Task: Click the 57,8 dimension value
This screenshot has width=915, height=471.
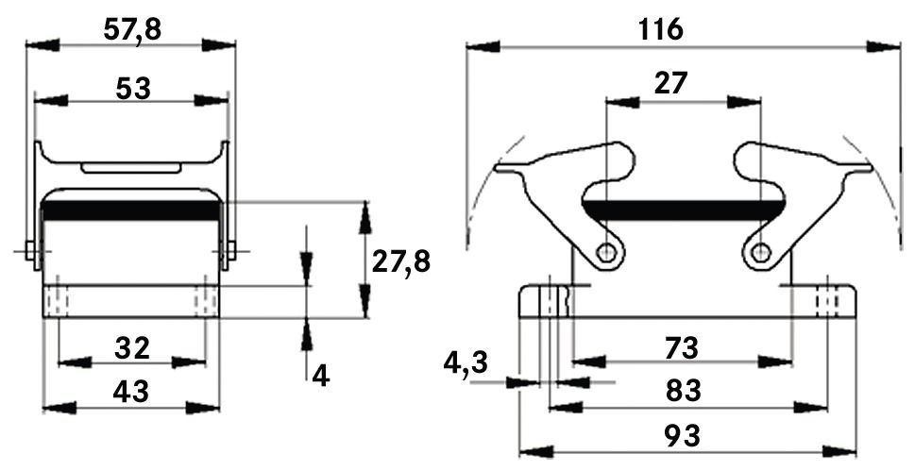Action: click(x=132, y=29)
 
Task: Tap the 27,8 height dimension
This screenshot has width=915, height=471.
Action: click(x=400, y=261)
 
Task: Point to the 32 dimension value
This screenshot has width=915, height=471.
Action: click(x=132, y=349)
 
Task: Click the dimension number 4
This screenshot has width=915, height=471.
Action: click(x=320, y=376)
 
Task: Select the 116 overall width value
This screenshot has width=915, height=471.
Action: click(x=659, y=29)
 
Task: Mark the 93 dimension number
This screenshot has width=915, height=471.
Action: click(x=682, y=435)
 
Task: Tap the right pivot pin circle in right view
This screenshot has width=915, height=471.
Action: click(x=761, y=252)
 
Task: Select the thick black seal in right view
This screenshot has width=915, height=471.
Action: click(x=684, y=208)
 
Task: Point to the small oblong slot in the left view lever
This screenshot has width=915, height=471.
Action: click(x=131, y=169)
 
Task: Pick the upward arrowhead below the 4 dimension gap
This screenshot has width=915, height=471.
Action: click(x=306, y=332)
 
